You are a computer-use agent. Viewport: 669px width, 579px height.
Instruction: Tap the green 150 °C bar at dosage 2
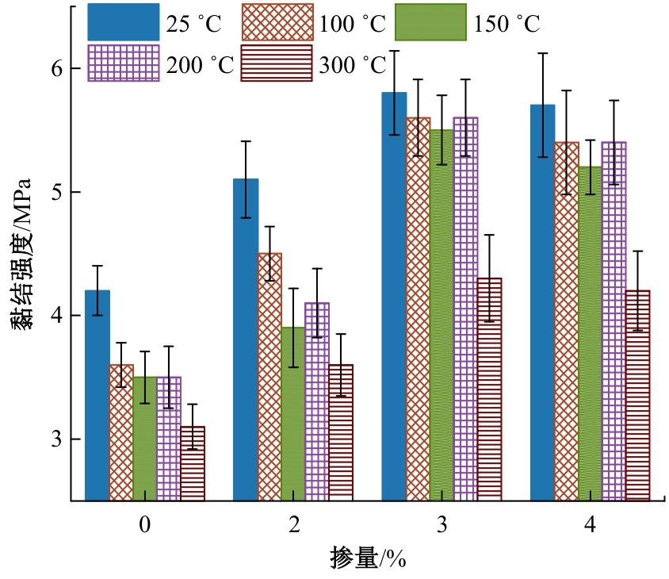293,413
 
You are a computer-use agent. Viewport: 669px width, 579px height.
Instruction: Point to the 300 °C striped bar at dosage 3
489,389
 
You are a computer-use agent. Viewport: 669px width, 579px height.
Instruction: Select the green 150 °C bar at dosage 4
590,333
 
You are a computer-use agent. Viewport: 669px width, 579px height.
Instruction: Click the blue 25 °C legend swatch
123,21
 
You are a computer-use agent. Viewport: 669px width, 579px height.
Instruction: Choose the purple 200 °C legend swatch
123,63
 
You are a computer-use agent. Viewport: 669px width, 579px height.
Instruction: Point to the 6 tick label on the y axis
55,69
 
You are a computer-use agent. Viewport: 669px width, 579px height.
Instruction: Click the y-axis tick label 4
55,316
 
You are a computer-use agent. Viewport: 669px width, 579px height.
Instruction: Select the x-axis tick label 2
294,525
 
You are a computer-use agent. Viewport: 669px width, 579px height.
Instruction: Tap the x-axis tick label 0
144,525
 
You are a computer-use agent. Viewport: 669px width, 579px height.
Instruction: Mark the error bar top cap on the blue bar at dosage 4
542,53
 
